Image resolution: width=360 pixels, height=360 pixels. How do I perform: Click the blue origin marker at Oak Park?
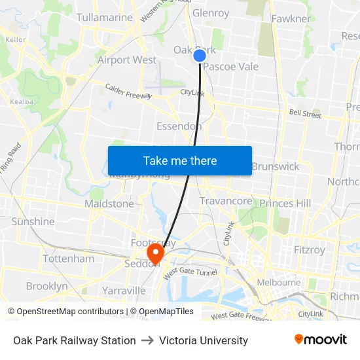tap(200, 56)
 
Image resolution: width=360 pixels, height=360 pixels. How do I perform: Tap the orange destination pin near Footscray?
tap(156, 252)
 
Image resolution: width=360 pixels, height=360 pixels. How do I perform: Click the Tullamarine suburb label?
tap(105, 17)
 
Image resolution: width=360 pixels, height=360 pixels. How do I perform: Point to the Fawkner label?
tap(291, 18)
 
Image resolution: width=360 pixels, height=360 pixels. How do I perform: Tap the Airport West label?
tap(127, 60)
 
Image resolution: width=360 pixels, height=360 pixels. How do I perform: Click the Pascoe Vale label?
tap(230, 66)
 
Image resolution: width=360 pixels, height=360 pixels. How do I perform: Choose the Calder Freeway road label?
tap(128, 91)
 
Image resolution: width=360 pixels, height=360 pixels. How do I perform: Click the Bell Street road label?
tap(305, 114)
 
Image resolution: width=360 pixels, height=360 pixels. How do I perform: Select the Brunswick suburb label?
tap(275, 166)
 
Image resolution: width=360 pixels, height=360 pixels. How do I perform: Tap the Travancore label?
tap(226, 201)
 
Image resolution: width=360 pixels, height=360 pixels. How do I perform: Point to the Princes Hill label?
tap(285, 204)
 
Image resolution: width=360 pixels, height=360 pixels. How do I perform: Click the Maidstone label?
tap(109, 204)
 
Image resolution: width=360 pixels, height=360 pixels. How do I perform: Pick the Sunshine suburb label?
tap(33, 221)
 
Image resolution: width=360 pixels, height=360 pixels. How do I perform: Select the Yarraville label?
tap(124, 290)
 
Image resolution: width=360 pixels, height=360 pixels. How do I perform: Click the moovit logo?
tap(321, 340)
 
